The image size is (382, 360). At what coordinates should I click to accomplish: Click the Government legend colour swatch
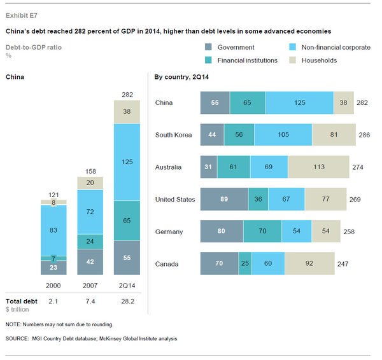208,47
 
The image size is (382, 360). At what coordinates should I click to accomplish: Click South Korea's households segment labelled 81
334,135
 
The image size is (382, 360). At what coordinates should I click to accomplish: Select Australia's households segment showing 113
318,167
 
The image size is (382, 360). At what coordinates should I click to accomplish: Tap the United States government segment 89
224,200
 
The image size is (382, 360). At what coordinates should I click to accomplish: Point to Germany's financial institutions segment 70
262,232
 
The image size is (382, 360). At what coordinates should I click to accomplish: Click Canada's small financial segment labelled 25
245,264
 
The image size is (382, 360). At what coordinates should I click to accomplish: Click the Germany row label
169,232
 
